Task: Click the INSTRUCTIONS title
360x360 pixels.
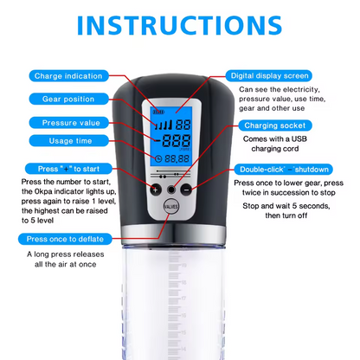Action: (x=180, y=23)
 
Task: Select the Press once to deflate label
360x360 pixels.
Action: (x=65, y=238)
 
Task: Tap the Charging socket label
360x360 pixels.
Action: (x=277, y=125)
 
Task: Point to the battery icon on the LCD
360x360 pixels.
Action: (x=158, y=112)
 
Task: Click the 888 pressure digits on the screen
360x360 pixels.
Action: (x=183, y=141)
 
